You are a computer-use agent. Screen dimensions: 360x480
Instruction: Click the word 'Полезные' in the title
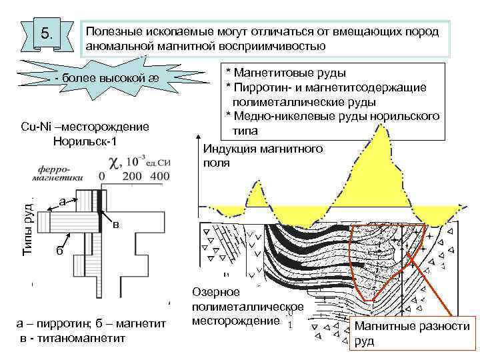111,33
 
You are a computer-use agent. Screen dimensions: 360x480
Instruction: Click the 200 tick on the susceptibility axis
132,175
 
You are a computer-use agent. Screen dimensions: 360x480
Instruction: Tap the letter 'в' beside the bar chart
115,225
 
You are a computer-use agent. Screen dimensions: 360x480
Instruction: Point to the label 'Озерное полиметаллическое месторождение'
247,307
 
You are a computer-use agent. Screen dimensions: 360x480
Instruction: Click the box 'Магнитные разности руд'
411,334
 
